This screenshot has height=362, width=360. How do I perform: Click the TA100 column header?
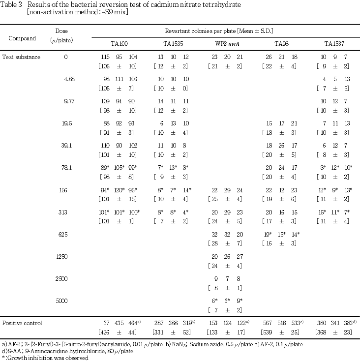(x=119, y=44)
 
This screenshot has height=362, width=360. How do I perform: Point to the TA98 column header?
(x=281, y=44)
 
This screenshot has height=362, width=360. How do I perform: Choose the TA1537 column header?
(x=334, y=44)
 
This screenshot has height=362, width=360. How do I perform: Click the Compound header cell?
(x=22, y=38)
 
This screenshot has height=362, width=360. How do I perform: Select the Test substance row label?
(x=21, y=57)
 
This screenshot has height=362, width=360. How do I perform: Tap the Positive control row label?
(x=22, y=323)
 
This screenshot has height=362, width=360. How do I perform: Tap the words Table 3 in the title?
(x=10, y=4)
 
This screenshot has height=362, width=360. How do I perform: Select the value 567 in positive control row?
(x=269, y=323)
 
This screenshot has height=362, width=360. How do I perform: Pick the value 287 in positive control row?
(x=160, y=323)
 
